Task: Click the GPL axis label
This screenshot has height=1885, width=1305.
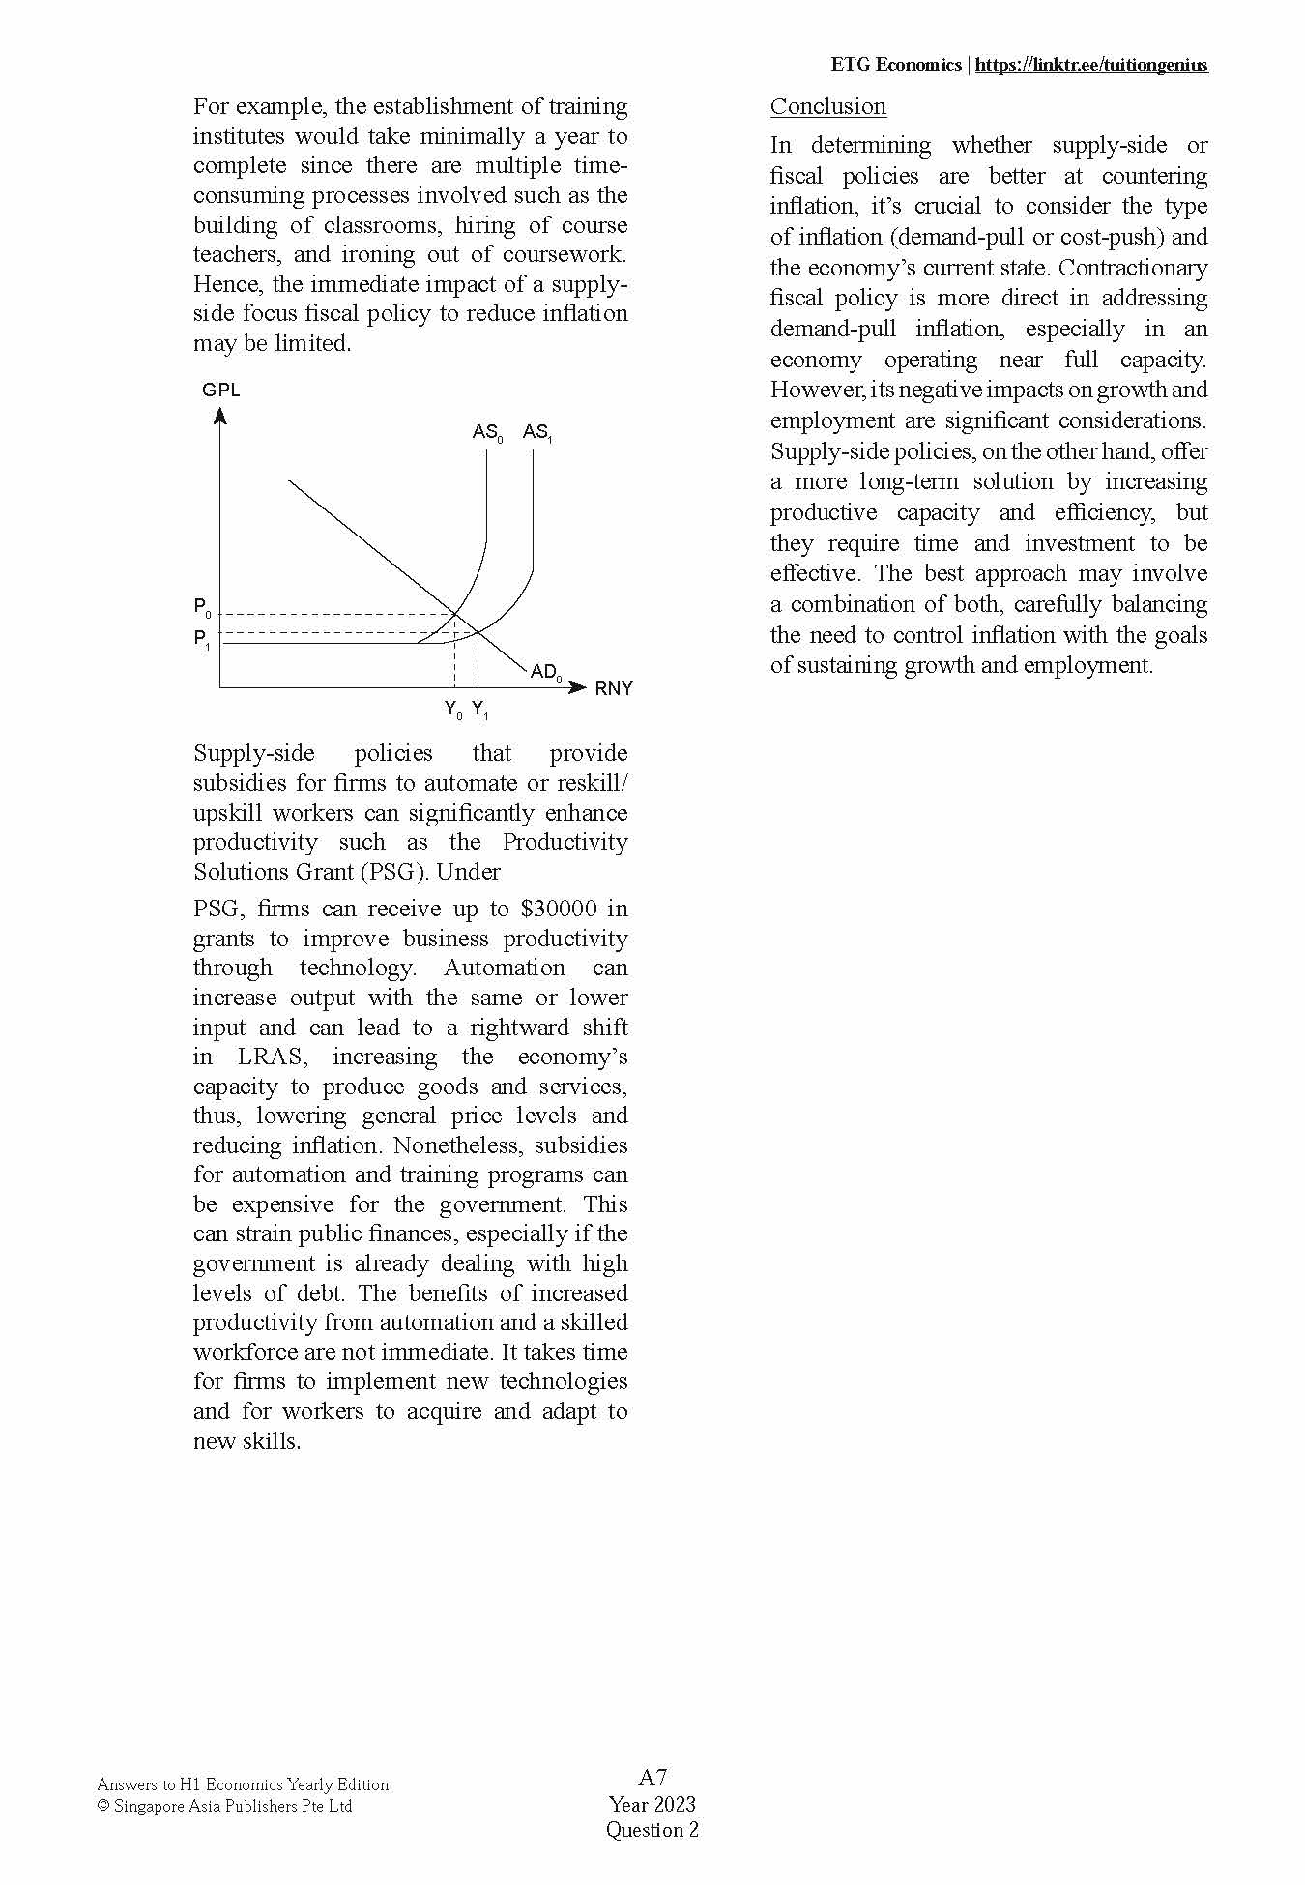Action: click(x=220, y=391)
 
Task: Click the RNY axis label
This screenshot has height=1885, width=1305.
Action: click(x=614, y=689)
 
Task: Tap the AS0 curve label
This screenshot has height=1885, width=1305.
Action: click(x=487, y=433)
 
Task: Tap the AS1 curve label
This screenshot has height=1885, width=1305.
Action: click(x=537, y=433)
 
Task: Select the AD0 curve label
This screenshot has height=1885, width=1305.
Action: click(x=546, y=672)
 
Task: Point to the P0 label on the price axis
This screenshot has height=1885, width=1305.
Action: click(x=202, y=608)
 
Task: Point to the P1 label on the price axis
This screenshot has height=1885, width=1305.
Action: click(x=202, y=639)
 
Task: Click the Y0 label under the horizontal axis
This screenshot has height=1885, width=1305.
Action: click(x=453, y=710)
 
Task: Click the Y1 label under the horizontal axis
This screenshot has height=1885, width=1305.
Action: click(x=480, y=710)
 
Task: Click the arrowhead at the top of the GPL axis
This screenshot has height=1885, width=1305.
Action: click(x=220, y=417)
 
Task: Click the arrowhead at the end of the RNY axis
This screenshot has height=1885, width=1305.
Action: click(x=578, y=687)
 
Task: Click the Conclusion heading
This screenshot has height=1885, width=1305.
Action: click(x=827, y=106)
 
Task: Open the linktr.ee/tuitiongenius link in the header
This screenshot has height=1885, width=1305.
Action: click(x=1091, y=65)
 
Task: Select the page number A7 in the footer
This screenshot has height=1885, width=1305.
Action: click(x=652, y=1777)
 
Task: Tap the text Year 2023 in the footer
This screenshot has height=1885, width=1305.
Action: click(x=652, y=1804)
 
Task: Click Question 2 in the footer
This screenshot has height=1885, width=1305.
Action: click(x=652, y=1829)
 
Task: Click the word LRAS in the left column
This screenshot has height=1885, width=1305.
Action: click(x=271, y=1057)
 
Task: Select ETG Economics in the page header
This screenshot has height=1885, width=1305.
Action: click(x=895, y=65)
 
